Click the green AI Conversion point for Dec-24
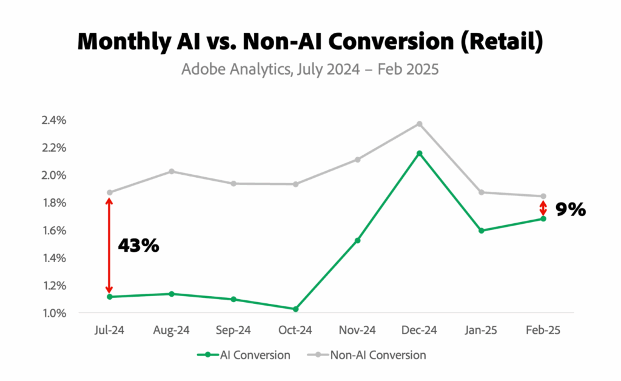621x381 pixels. click(419, 153)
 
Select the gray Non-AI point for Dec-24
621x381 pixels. click(419, 124)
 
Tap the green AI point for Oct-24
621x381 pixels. click(295, 309)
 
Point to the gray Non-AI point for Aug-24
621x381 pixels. click(172, 171)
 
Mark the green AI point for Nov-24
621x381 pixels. click(357, 241)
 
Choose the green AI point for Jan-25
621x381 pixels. click(481, 231)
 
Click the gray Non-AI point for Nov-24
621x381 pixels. click(357, 160)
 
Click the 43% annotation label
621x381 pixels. click(138, 246)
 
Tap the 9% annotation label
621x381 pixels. click(570, 210)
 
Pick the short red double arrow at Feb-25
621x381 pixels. click(543, 207)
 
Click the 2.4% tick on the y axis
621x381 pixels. click(53, 120)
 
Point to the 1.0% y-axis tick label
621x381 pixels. click(53, 313)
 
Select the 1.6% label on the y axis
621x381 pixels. click(53, 231)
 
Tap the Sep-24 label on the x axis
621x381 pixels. click(233, 331)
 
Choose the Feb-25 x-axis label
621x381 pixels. click(543, 331)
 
